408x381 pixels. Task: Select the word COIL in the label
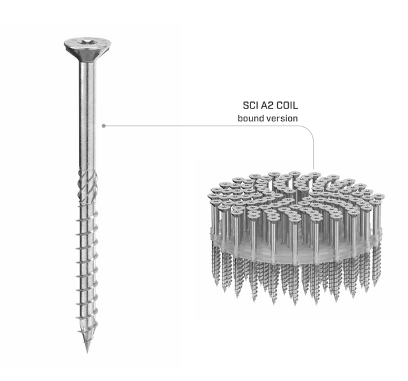pyautogui.click(x=287, y=105)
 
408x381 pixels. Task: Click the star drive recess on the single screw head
pyautogui.click(x=86, y=42)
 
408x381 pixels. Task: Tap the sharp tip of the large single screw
pyautogui.click(x=87, y=352)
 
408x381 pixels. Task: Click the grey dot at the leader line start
pyautogui.click(x=103, y=126)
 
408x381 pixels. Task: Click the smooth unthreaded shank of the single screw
pyautogui.click(x=87, y=115)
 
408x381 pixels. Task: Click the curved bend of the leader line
pyautogui.click(x=310, y=130)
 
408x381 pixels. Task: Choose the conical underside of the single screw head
pyautogui.click(x=87, y=56)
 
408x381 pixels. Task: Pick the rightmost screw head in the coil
pyautogui.click(x=377, y=197)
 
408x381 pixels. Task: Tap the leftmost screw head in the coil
pyautogui.click(x=214, y=196)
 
